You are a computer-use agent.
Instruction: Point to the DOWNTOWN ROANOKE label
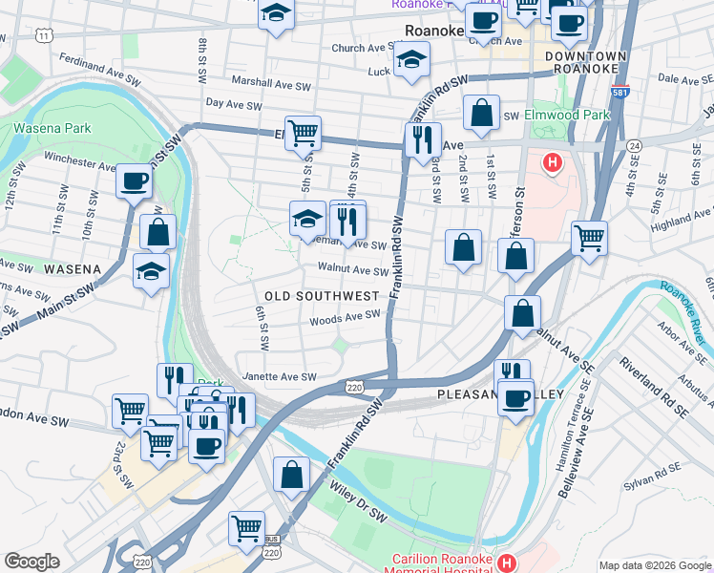[586, 64]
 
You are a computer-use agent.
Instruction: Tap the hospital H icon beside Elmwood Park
[551, 163]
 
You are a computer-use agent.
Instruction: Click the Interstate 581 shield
[620, 94]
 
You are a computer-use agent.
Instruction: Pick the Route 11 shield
[44, 35]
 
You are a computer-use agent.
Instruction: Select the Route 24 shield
[634, 146]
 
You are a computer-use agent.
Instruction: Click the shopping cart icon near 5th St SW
[304, 133]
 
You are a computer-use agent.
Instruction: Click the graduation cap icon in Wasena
[151, 271]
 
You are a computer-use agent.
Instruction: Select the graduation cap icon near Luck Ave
[412, 60]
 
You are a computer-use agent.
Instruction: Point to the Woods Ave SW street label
[345, 317]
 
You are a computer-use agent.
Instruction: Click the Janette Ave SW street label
[279, 377]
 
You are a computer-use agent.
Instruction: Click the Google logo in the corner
[31, 562]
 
